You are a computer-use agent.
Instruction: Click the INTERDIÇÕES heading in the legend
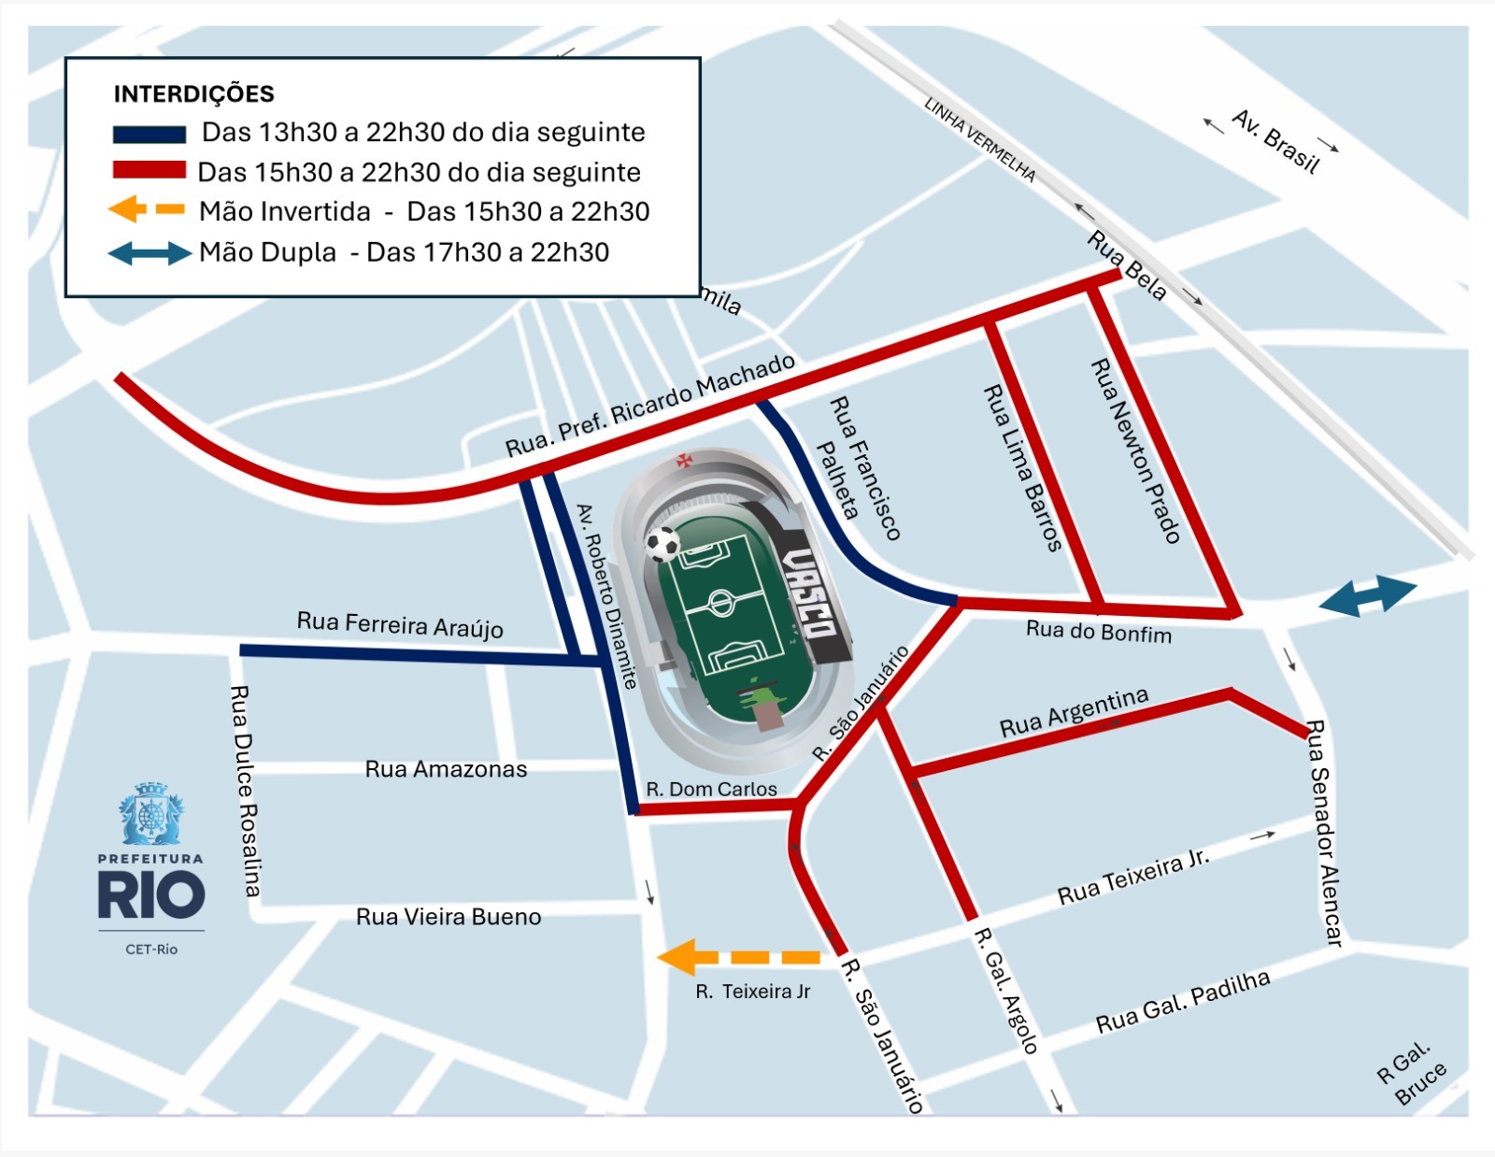(x=193, y=94)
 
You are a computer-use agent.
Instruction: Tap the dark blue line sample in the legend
(x=149, y=135)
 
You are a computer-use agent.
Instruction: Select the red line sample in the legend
(x=149, y=170)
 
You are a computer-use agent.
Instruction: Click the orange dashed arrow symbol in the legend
(x=146, y=209)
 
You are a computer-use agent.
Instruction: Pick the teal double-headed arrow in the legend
(x=149, y=253)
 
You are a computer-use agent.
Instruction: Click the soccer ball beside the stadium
(x=663, y=543)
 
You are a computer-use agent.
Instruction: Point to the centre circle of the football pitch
(x=721, y=603)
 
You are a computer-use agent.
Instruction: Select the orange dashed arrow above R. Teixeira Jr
(x=738, y=957)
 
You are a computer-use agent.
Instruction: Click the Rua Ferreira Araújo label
(x=400, y=624)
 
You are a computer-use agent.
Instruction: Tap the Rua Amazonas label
(x=446, y=769)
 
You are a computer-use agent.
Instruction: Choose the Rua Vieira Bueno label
(x=448, y=917)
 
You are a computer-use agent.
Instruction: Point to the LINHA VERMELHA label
(x=980, y=139)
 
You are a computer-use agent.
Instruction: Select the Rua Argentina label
(x=1074, y=713)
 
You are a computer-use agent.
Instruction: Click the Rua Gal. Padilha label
(x=1183, y=1002)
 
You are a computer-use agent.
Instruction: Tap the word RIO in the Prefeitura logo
(x=150, y=895)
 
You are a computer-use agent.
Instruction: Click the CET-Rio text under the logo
(x=151, y=950)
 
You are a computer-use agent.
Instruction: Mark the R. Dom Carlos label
(x=711, y=790)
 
